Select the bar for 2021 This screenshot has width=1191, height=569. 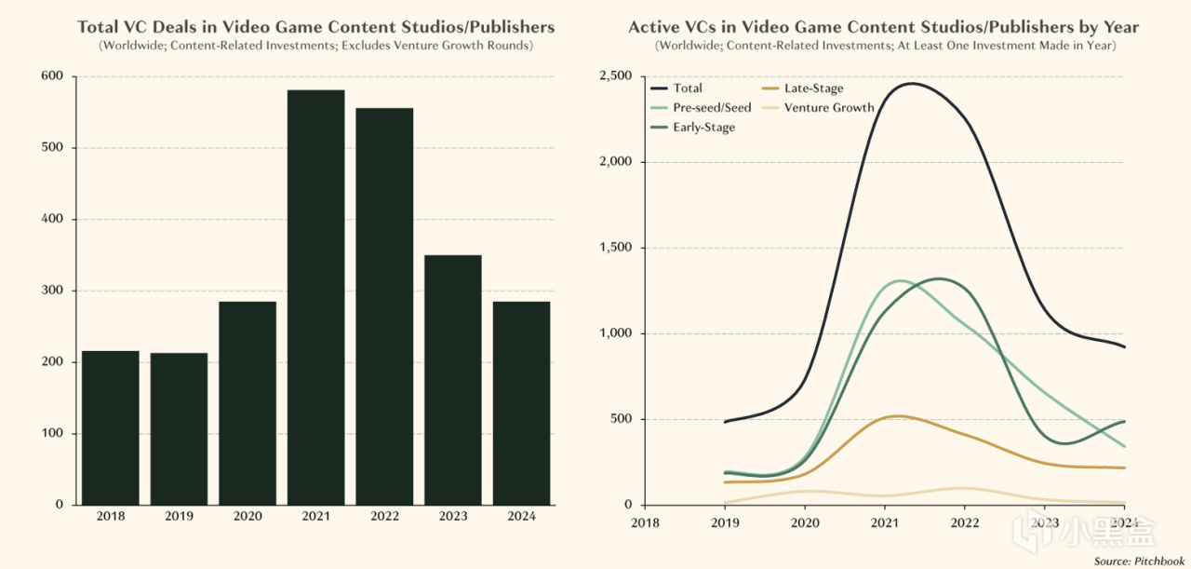coord(316,297)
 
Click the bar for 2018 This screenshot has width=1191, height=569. coord(110,427)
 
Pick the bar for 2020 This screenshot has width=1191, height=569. coord(248,402)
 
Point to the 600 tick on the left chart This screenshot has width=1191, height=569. coord(53,76)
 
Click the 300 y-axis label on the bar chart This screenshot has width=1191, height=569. coord(53,291)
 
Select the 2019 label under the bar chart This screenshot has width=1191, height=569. coord(179,517)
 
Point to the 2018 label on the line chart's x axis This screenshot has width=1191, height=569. coord(644,522)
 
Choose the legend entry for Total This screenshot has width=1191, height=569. coord(688,88)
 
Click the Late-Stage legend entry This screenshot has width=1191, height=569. coord(813,88)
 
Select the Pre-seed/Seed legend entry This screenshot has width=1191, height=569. coord(712,108)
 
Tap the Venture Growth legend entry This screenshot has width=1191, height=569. coord(829,108)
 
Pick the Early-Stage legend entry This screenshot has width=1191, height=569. coord(703,128)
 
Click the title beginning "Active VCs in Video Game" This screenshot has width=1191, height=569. coord(883,27)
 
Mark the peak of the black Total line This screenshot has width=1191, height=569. coord(910,84)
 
